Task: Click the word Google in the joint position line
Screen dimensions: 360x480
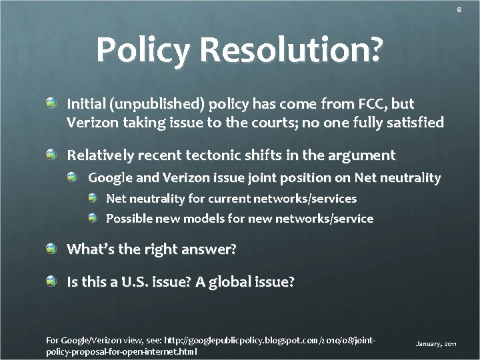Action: pyautogui.click(x=110, y=177)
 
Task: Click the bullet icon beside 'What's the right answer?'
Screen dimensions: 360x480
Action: pyautogui.click(x=52, y=249)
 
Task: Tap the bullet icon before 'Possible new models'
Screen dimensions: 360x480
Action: pyautogui.click(x=93, y=218)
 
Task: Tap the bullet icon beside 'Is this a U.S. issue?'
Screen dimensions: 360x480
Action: pyautogui.click(x=52, y=281)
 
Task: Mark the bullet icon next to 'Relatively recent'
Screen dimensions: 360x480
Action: pyautogui.click(x=52, y=155)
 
